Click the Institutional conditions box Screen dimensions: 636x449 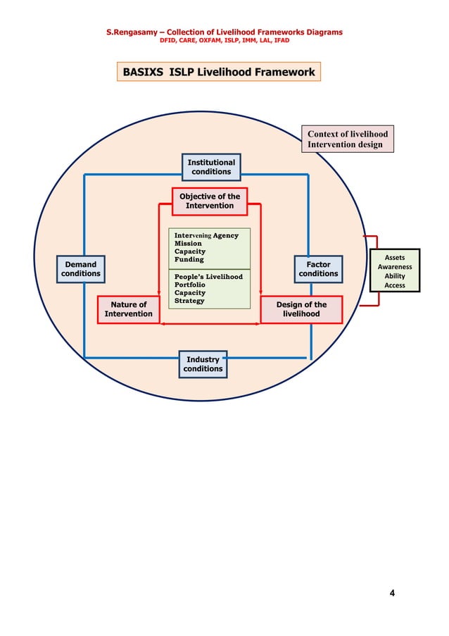211,167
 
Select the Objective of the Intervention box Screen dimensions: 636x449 210,201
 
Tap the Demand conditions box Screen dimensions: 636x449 81,269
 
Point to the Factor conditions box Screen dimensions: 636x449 318,269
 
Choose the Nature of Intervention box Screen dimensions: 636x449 128,309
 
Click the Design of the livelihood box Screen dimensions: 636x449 301,309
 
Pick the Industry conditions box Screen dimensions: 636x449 203,364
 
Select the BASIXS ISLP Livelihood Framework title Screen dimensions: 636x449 219,72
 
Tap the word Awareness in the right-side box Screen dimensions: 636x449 395,267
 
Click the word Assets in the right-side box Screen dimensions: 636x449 395,258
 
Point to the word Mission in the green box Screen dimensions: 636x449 188,244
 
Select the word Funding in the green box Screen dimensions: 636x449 189,259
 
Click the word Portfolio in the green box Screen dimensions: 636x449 190,285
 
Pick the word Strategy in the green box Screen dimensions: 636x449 189,301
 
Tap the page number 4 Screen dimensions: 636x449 392,593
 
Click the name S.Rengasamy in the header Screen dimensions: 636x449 132,32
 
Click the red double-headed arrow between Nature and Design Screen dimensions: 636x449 210,324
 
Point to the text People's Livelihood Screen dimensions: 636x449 208,277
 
